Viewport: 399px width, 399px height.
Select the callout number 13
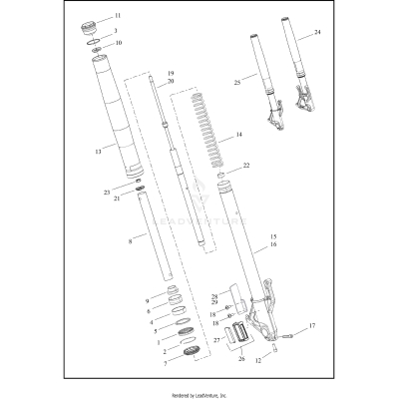pyautogui.click(x=98, y=152)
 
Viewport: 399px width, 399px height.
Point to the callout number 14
pyautogui.click(x=237, y=134)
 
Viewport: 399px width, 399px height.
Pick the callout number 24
pyautogui.click(x=317, y=33)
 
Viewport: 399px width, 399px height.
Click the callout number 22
pyautogui.click(x=246, y=165)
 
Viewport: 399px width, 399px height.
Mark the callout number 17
pyautogui.click(x=312, y=326)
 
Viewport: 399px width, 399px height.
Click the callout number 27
pyautogui.click(x=213, y=339)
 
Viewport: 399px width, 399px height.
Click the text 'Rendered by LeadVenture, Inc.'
pyautogui.click(x=199, y=394)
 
